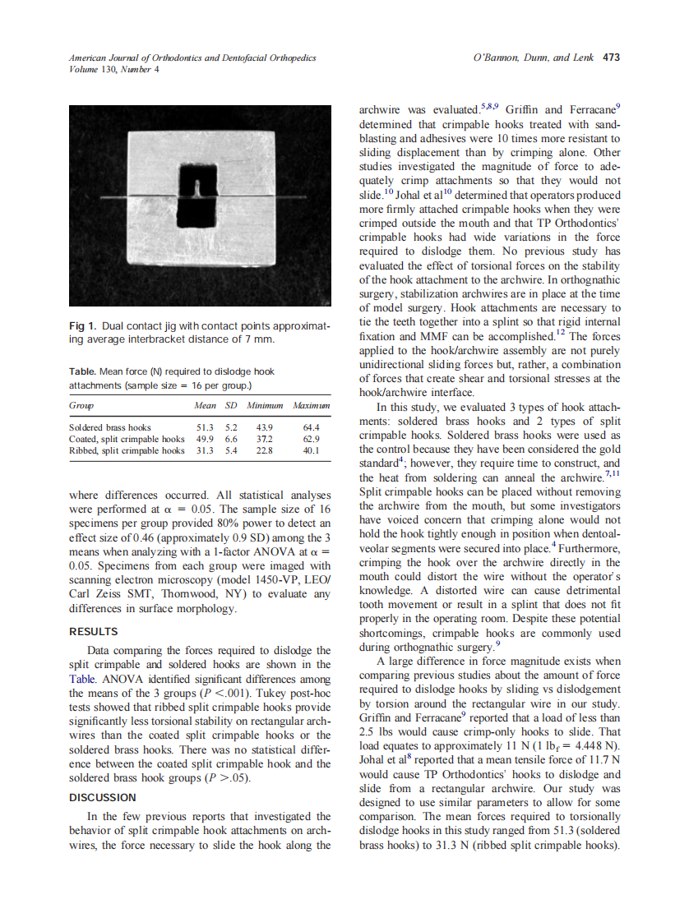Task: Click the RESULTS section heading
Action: (x=93, y=632)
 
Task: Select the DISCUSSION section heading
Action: (x=102, y=797)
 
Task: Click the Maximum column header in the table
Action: (x=311, y=406)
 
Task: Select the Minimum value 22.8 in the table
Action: (x=264, y=450)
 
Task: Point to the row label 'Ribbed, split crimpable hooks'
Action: (x=127, y=450)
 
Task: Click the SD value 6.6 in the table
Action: (x=231, y=439)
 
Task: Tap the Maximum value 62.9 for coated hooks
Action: (x=310, y=439)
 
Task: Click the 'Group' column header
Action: (x=81, y=406)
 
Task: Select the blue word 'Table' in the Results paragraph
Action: (x=82, y=680)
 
